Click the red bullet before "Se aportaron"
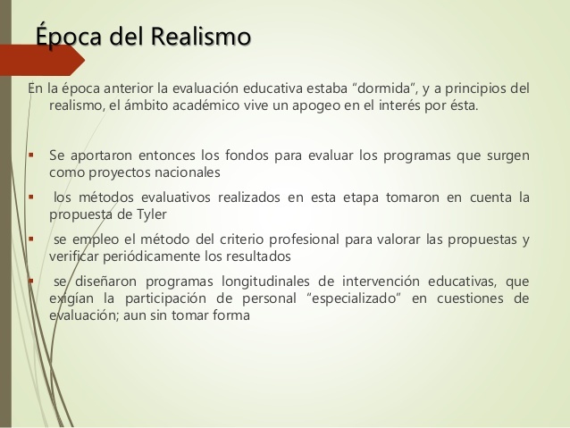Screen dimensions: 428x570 tap(31, 153)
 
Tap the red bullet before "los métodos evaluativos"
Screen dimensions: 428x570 tap(31, 197)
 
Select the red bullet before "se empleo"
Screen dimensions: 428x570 tap(31, 239)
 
